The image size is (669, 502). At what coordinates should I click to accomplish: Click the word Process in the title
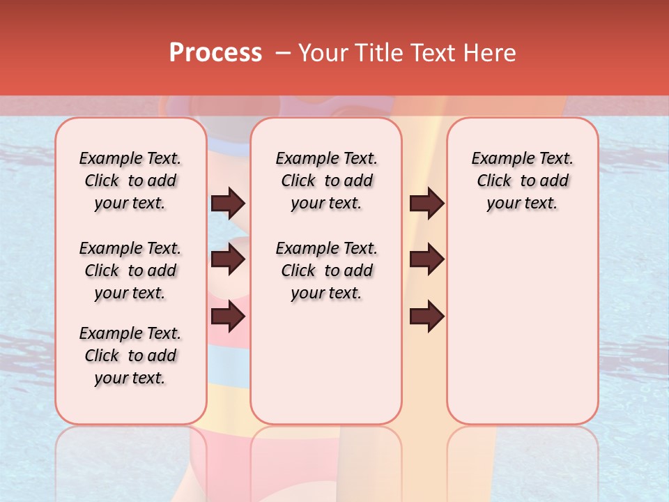[x=215, y=53]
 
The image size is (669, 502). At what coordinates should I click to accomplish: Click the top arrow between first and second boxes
[x=228, y=204]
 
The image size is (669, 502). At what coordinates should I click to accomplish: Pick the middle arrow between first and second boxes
[x=228, y=260]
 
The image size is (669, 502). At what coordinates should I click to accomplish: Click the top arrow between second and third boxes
[x=427, y=204]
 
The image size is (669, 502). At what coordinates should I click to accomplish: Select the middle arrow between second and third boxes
[x=427, y=260]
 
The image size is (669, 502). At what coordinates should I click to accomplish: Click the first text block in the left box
[x=130, y=181]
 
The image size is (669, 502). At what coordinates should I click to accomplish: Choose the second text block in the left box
[x=130, y=271]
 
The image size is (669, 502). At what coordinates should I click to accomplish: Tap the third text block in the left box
[x=130, y=356]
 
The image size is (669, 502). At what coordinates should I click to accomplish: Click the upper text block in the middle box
[x=326, y=181]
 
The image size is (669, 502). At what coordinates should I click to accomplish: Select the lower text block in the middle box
[x=326, y=271]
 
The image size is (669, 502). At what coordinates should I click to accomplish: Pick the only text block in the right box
[x=523, y=181]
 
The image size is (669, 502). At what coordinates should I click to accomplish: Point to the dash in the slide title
[x=283, y=53]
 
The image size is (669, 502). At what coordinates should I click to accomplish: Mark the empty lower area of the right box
[x=523, y=328]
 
